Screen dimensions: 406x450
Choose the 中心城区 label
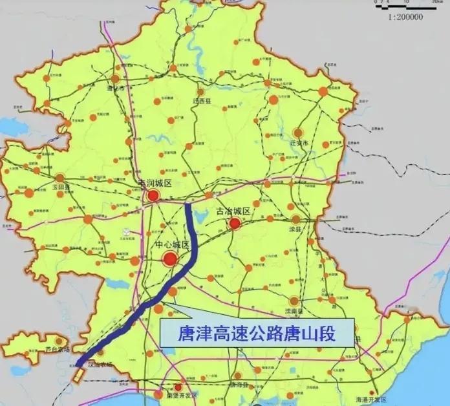pos(172,246)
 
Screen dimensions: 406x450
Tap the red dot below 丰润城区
pos(154,196)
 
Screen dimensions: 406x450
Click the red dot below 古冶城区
pos(235,224)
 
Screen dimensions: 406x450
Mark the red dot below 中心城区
pos(170,259)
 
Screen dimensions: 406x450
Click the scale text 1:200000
pos(406,17)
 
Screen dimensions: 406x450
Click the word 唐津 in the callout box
pos(193,334)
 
